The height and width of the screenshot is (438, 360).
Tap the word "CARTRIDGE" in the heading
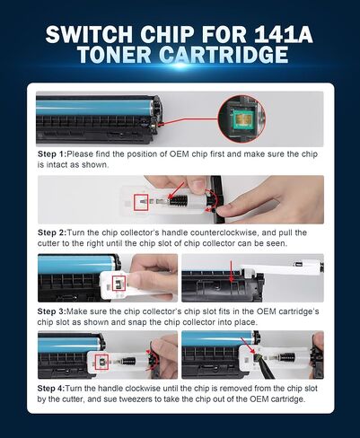[224, 55]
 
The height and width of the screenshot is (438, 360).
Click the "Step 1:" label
[51, 154]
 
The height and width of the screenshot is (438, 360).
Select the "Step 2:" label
[52, 232]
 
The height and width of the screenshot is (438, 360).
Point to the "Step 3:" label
[51, 311]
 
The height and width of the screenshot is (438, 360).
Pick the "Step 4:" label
[51, 389]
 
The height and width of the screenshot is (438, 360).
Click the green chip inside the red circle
[241, 118]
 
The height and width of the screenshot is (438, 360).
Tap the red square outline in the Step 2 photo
[141, 202]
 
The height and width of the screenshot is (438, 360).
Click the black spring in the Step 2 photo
[179, 200]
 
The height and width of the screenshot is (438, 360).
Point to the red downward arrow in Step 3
[231, 271]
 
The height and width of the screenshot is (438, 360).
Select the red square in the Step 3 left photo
[119, 283]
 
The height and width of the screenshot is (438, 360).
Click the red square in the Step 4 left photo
[101, 362]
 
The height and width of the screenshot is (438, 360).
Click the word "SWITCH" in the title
[89, 34]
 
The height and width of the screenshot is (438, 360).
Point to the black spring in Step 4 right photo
[287, 357]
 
